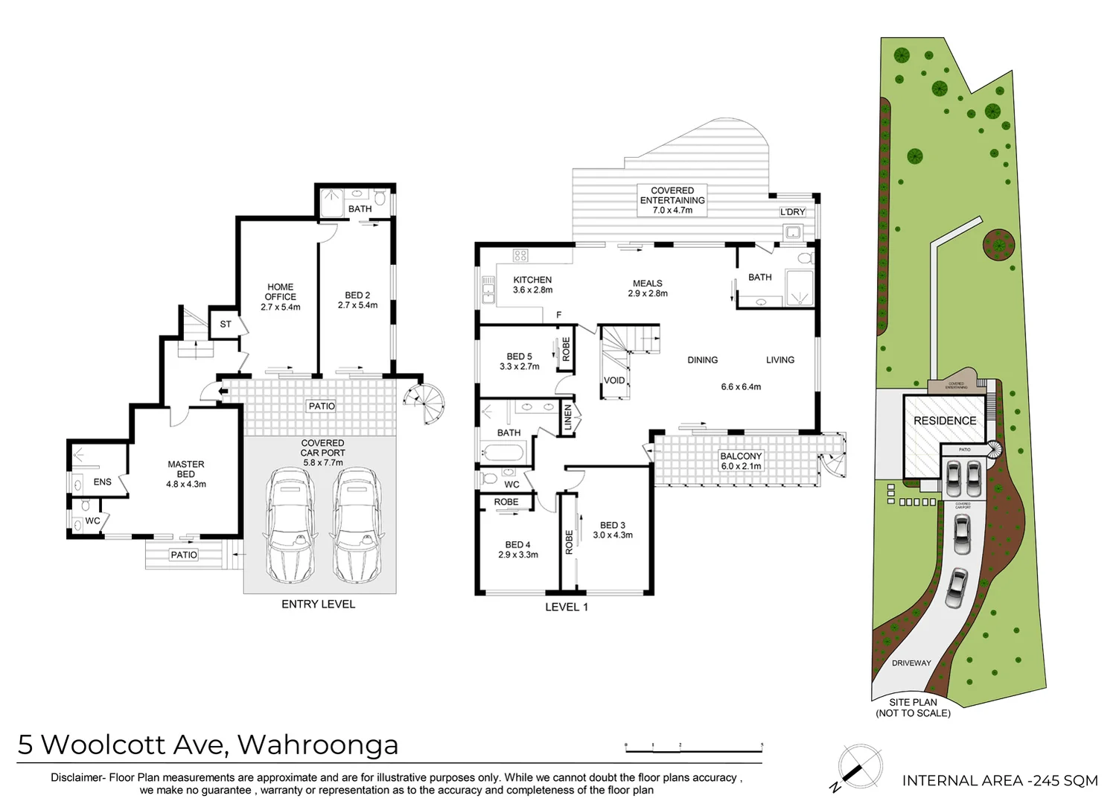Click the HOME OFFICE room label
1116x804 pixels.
pyautogui.click(x=280, y=296)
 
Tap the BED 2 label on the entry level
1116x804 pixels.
pyautogui.click(x=357, y=300)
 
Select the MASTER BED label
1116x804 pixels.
pyautogui.click(x=185, y=474)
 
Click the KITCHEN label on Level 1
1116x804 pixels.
pyautogui.click(x=532, y=284)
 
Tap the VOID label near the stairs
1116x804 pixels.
pyautogui.click(x=614, y=380)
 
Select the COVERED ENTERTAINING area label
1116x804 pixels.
pyautogui.click(x=672, y=200)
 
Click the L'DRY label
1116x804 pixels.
pyautogui.click(x=792, y=212)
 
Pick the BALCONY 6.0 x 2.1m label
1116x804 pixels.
pyautogui.click(x=741, y=461)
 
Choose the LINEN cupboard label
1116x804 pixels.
pyautogui.click(x=568, y=418)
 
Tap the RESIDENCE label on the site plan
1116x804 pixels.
pyautogui.click(x=945, y=421)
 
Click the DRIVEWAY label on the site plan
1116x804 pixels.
pyautogui.click(x=911, y=663)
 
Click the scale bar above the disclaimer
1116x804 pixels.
pyautogui.click(x=694, y=747)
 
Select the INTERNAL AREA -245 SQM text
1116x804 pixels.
pyautogui.click(x=1000, y=780)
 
